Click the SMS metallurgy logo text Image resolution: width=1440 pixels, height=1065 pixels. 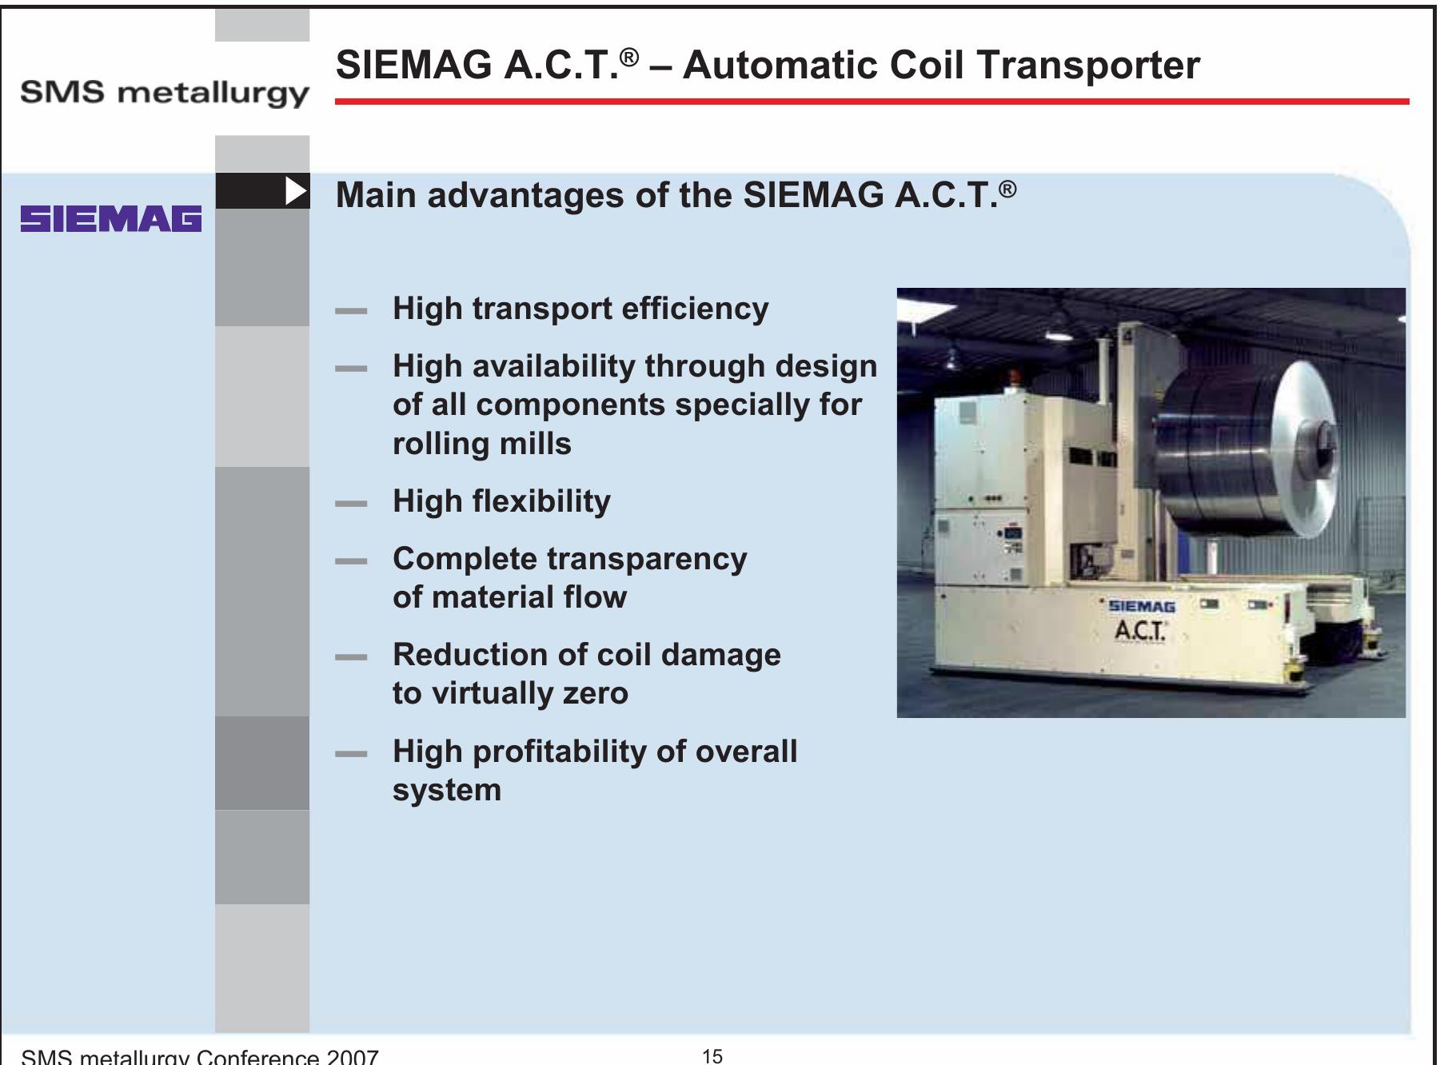pyautogui.click(x=164, y=94)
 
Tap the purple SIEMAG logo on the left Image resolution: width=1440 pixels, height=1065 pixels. pyautogui.click(x=111, y=219)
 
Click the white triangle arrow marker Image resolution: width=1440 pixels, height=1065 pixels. pyautogui.click(x=296, y=191)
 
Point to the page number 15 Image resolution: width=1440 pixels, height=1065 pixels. pyautogui.click(x=712, y=1056)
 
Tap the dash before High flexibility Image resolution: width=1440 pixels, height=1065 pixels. pyautogui.click(x=351, y=504)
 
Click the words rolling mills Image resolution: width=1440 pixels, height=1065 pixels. pyautogui.click(x=481, y=444)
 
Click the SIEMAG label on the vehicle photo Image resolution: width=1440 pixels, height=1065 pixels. pyautogui.click(x=1142, y=608)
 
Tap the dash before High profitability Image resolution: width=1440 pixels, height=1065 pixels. pyautogui.click(x=351, y=754)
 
